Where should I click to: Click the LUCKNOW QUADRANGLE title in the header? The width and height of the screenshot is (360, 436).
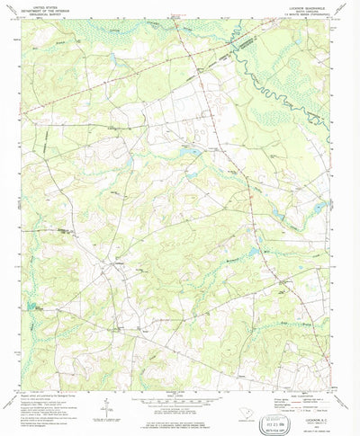[282, 10]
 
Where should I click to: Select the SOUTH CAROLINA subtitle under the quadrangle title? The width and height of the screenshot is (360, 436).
[282, 14]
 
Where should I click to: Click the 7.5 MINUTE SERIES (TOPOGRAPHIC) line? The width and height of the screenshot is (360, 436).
[282, 19]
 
